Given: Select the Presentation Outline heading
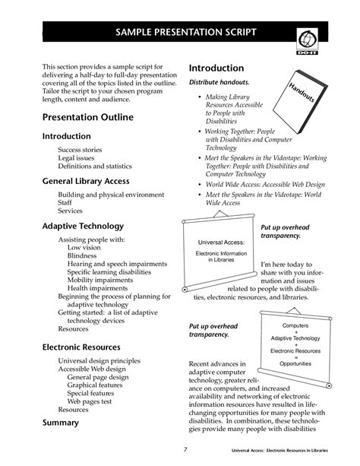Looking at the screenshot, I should point(87,117).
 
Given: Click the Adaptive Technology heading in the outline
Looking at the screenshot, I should point(82,226).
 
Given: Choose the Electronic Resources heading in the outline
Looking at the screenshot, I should point(83,346).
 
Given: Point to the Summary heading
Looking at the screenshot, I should point(60,422).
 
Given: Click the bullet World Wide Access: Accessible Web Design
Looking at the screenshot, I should point(260,184).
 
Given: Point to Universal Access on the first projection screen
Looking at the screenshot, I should point(217,243).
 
